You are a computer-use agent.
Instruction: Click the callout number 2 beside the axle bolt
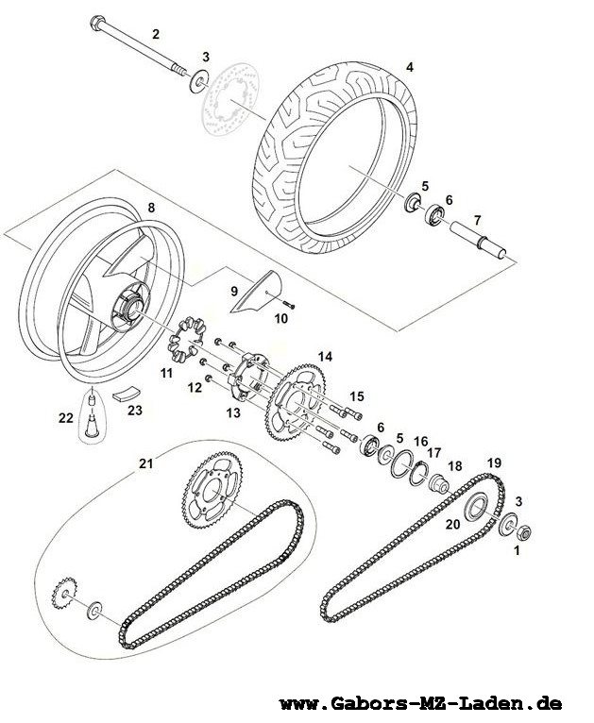point(156,34)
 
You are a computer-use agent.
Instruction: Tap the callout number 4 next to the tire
point(410,67)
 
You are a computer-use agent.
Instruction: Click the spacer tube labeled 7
point(478,240)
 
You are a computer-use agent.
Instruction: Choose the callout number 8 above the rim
point(152,208)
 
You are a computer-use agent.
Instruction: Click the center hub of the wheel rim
point(130,308)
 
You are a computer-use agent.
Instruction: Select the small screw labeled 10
point(289,305)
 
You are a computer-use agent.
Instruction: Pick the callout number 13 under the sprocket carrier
point(234,412)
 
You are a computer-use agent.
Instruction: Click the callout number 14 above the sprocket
point(325,357)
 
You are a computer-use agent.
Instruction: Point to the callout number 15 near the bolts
point(356,396)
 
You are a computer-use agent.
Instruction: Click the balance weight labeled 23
point(127,395)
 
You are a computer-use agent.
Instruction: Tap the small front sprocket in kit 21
point(64,593)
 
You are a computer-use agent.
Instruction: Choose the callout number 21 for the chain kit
point(145,463)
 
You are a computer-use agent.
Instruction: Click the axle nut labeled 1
point(523,533)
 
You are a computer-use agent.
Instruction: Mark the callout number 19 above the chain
point(494,462)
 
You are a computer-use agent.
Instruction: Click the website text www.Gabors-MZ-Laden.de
point(420,703)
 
